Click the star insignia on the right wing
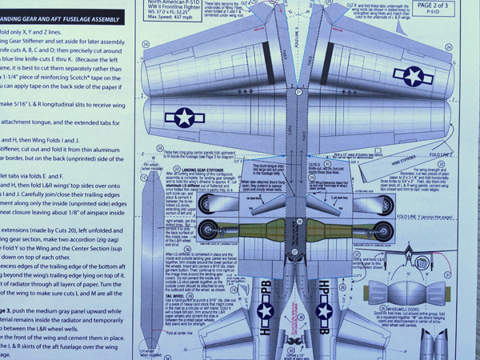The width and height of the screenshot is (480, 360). click(413, 76)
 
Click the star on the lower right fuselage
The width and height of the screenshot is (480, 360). click(323, 310)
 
